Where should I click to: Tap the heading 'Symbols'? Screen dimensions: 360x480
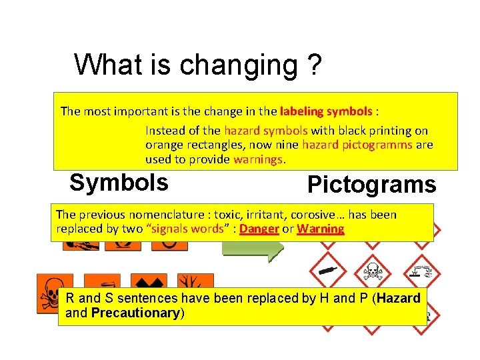119,183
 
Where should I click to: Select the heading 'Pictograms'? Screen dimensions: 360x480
371,185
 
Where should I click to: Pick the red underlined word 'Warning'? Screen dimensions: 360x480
320,229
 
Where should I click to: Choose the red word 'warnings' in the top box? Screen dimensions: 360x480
258,159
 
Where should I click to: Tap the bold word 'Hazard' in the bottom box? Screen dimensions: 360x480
398,299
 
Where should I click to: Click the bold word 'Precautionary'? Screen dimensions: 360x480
136,313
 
